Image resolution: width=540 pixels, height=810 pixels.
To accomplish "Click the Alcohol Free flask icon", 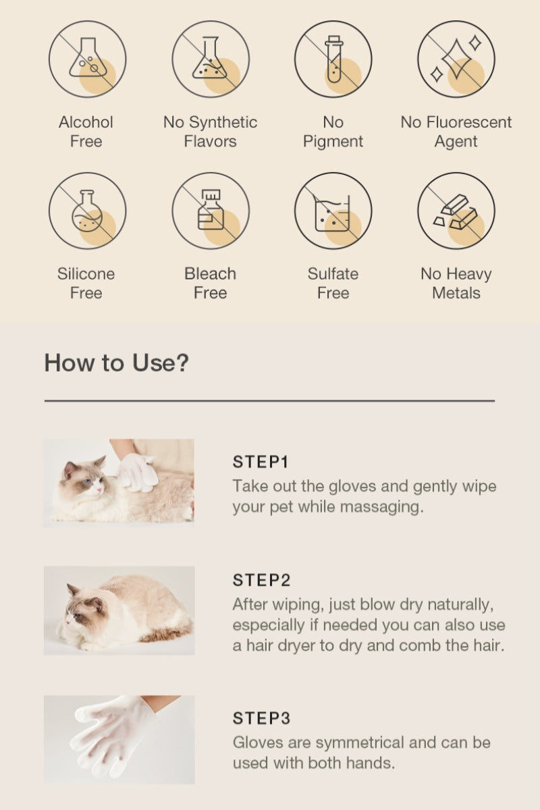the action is coord(88,59).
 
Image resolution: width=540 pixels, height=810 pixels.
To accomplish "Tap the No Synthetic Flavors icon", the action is coord(211,59).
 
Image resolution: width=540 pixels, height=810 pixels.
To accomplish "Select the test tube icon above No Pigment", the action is coord(333,59).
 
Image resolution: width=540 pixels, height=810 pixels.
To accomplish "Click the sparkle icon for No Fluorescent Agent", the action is coord(456,59).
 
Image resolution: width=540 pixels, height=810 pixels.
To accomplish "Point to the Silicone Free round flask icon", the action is coord(88,211).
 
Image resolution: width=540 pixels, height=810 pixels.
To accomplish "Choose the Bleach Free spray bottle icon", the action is coord(211,211).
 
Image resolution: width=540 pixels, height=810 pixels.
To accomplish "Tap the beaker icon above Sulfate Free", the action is coord(333,211).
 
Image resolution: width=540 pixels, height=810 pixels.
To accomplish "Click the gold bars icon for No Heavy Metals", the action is coord(456,211).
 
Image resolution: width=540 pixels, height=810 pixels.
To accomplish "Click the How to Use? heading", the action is coord(117,362).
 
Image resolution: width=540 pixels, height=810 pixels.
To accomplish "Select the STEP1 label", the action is coord(261,462).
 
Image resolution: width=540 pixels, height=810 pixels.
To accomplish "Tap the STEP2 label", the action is coord(261,580).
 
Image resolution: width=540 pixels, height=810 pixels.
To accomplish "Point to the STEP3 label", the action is coord(261,718).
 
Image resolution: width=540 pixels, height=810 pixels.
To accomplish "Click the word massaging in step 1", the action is coord(381,508).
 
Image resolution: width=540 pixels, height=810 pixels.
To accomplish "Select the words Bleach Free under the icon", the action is coord(210,283).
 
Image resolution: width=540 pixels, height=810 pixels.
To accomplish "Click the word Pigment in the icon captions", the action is coord(333,142).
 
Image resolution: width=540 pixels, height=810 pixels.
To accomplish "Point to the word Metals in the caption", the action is coord(456,293).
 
